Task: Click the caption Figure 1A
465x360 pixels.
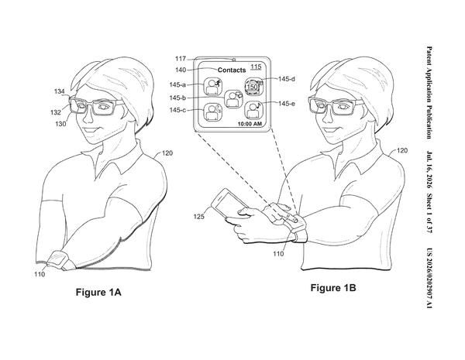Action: (98, 292)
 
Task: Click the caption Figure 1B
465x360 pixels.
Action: (333, 288)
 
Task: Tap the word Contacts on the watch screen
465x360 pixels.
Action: (232, 70)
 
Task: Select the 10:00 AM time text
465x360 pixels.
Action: (250, 124)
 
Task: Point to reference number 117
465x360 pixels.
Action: (181, 59)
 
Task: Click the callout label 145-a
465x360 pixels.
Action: (177, 84)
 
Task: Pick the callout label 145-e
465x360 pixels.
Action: (287, 104)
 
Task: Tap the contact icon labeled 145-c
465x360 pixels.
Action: (212, 112)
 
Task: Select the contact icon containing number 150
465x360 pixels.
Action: (253, 87)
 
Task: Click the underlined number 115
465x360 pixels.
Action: (256, 67)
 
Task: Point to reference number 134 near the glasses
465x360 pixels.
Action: (60, 91)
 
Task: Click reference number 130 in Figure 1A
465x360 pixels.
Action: (60, 124)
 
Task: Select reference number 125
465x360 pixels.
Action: (198, 217)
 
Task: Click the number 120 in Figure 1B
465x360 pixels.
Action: (401, 151)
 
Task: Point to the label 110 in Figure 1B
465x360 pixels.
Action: (278, 254)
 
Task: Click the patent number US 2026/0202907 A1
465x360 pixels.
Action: (429, 278)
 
